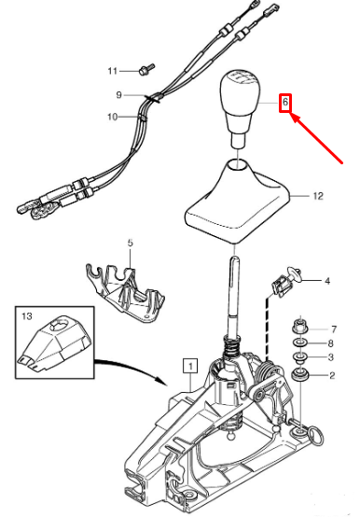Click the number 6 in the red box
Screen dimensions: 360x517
(285, 103)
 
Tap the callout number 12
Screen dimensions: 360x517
(318, 196)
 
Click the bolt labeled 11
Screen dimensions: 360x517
(146, 69)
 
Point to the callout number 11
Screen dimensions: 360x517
(112, 71)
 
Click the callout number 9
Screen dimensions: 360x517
(118, 95)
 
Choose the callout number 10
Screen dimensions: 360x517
(112, 117)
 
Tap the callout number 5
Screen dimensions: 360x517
(130, 243)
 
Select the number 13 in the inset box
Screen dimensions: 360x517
(27, 316)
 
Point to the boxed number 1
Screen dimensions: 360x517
(191, 366)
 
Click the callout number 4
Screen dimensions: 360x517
(327, 281)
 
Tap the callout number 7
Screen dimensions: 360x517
(334, 329)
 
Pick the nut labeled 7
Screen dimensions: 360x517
(299, 327)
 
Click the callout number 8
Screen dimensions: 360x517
(331, 343)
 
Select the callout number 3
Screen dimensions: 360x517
(331, 357)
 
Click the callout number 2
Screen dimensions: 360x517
(332, 375)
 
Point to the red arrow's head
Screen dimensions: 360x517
(291, 114)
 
